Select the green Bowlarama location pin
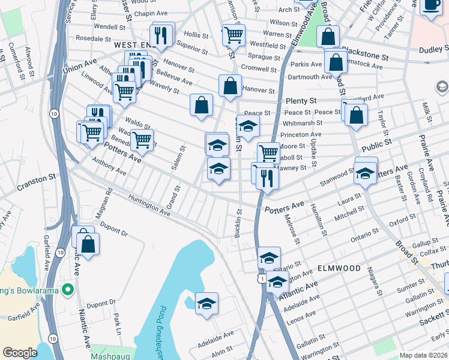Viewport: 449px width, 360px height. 68,290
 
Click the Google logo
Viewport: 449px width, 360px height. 20,353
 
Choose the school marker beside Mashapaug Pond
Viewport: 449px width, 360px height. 206,304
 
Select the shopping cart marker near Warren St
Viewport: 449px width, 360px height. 233,34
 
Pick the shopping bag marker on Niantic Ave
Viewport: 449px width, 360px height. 88,244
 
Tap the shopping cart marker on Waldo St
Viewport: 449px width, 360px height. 142,140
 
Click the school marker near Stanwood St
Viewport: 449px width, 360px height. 364,173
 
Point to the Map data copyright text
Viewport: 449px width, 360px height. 423,355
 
